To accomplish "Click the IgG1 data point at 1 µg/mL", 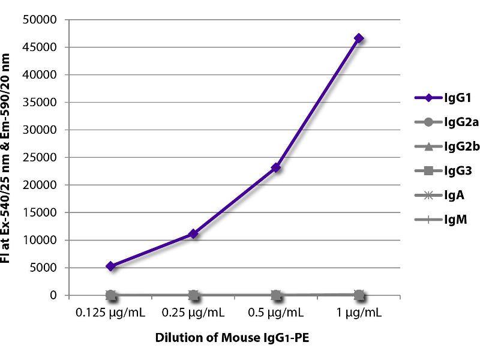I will pos(359,38).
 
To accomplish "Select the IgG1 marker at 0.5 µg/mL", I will pos(276,167).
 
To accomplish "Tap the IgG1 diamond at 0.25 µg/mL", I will pos(193,233).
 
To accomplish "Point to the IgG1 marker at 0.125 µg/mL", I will pos(111,266).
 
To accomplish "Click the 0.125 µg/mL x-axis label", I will pos(110,313).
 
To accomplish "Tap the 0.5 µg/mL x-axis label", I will pos(276,313).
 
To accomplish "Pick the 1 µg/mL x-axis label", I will pos(359,313).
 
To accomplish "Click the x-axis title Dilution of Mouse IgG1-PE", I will pos(234,338).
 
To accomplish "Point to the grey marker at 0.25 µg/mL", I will pos(193,295).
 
